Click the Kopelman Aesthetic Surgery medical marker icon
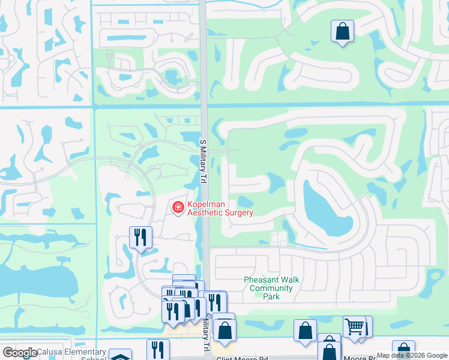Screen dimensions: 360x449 (178, 208)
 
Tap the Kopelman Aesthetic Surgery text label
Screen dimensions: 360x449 (220, 208)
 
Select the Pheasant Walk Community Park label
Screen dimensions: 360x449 (271, 288)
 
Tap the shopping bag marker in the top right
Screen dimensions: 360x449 (342, 31)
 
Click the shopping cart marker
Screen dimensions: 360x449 (354, 327)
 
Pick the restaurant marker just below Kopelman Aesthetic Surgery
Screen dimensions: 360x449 (140, 237)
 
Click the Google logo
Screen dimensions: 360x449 (20, 353)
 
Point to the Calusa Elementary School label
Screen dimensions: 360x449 (54, 353)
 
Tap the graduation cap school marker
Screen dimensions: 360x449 (121, 356)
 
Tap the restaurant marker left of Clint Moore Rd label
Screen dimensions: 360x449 (158, 350)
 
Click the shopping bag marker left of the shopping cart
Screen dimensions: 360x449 (305, 330)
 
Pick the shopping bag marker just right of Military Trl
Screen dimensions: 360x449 (224, 330)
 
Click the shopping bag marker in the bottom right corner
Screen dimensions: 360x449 (403, 350)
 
